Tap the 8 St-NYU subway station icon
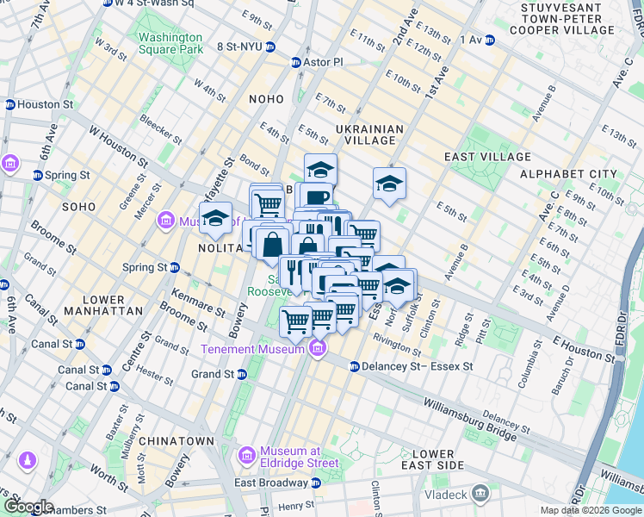click(x=271, y=47)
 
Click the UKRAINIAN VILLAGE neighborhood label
click(x=369, y=136)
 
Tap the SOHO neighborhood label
click(x=79, y=207)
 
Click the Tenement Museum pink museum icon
click(x=318, y=348)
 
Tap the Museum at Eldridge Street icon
click(x=247, y=452)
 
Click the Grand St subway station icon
click(x=242, y=374)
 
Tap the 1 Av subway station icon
click(x=489, y=40)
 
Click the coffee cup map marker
click(x=317, y=197)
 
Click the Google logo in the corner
click(x=28, y=506)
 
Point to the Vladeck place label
click(x=449, y=495)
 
